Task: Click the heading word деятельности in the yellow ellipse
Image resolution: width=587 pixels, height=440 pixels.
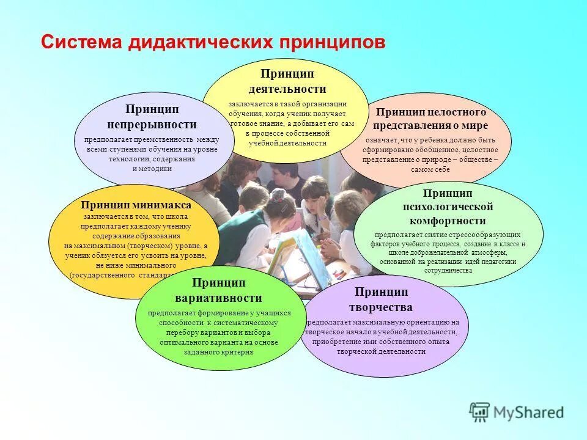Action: [x=287, y=89]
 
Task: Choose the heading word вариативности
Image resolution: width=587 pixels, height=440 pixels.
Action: [x=218, y=298]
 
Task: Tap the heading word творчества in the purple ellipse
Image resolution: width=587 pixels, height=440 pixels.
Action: [x=380, y=307]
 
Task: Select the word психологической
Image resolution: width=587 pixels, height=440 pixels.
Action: [x=448, y=207]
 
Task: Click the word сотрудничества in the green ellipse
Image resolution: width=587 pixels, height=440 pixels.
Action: [x=448, y=269]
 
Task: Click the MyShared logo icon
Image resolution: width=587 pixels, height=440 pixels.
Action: [x=479, y=412]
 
